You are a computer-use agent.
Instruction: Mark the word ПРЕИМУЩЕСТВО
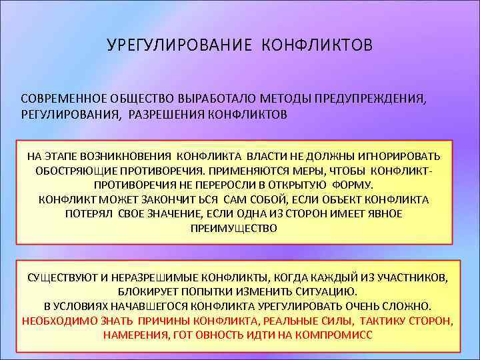point(233,228)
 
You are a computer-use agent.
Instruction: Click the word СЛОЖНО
point(409,306)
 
